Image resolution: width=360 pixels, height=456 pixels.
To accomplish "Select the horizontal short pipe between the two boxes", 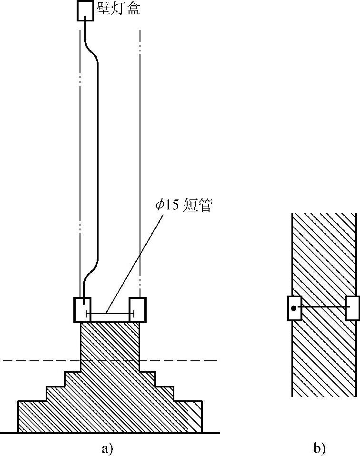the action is click(x=110, y=314).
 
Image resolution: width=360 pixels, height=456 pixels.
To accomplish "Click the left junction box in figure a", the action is click(x=82, y=309).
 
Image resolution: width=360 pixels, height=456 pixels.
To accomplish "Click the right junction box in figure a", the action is click(x=137, y=309).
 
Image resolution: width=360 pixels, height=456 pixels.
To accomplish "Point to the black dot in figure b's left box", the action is click(x=294, y=308).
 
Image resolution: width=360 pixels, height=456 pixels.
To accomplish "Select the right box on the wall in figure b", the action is click(x=352, y=308).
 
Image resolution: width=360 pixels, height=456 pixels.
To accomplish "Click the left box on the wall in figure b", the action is click(x=294, y=308).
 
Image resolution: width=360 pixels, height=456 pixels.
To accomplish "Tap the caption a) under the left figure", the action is click(x=107, y=449).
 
